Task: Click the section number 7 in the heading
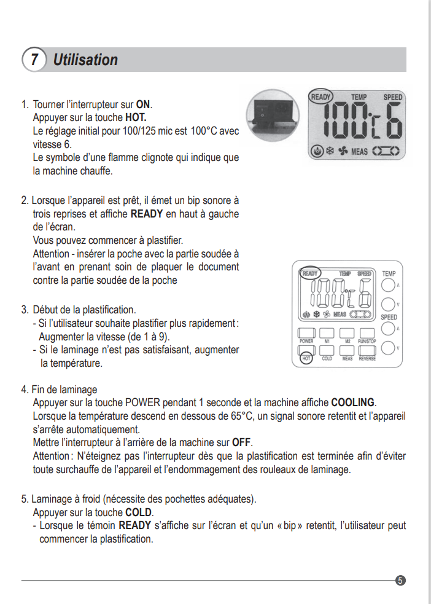(34, 60)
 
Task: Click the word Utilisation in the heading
(85, 60)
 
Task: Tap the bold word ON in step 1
(143, 104)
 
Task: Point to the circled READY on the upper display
(320, 96)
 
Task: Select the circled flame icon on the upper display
(317, 151)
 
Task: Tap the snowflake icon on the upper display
(329, 151)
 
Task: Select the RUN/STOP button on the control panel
(367, 332)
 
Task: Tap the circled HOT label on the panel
(306, 358)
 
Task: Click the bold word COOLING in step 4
(352, 403)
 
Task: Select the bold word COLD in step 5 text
(139, 512)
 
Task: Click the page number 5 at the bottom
(400, 580)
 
